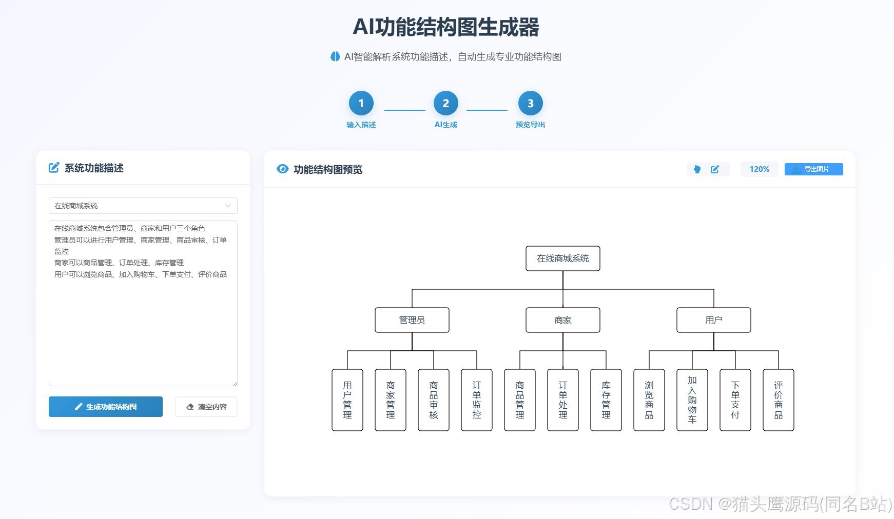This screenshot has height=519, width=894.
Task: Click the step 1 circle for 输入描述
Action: [x=361, y=104]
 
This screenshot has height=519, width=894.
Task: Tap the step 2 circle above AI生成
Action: [x=445, y=104]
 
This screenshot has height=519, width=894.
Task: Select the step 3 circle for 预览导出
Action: [x=530, y=104]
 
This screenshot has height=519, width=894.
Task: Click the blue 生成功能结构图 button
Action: [x=106, y=407]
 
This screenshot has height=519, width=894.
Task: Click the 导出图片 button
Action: [x=813, y=169]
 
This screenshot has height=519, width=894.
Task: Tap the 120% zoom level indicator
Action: [x=759, y=169]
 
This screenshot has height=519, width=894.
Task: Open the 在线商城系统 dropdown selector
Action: [x=143, y=206]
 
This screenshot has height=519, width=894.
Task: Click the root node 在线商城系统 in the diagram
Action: [x=562, y=258]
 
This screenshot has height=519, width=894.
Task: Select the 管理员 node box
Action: [x=412, y=320]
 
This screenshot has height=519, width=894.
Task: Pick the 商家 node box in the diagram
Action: [x=562, y=320]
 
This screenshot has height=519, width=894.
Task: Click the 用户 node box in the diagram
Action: [x=713, y=320]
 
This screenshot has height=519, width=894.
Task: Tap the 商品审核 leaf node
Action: [x=434, y=400]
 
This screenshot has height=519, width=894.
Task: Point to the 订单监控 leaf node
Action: [x=477, y=400]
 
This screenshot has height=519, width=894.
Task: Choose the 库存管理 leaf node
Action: [x=606, y=400]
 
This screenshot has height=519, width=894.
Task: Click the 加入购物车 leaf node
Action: [x=692, y=400]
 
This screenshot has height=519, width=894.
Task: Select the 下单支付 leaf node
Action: [x=735, y=400]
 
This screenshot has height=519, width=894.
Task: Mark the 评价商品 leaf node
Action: [x=779, y=400]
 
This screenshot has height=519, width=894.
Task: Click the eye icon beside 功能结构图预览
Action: [x=282, y=169]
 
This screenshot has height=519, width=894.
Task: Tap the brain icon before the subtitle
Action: [x=335, y=56]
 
